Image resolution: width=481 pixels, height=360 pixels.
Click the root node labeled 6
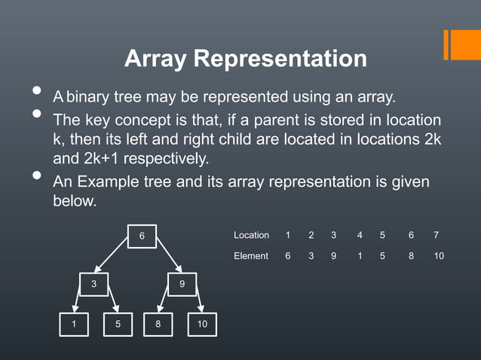[141, 236]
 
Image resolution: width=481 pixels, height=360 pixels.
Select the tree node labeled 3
[93, 284]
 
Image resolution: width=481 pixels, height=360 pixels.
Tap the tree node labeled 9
[182, 284]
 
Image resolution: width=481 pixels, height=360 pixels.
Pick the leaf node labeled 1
[75, 324]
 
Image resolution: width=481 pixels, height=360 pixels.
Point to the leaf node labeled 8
[158, 324]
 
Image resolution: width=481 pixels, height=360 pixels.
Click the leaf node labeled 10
[201, 324]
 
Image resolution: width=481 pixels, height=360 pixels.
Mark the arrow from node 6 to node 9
[167, 257]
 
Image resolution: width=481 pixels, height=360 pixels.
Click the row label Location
[251, 236]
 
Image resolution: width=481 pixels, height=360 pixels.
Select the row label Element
[251, 256]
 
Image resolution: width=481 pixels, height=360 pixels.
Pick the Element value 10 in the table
[439, 256]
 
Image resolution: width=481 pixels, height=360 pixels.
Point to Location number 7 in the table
[437, 236]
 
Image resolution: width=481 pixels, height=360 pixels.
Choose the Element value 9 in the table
[333, 256]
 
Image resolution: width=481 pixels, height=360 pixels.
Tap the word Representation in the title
[280, 59]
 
